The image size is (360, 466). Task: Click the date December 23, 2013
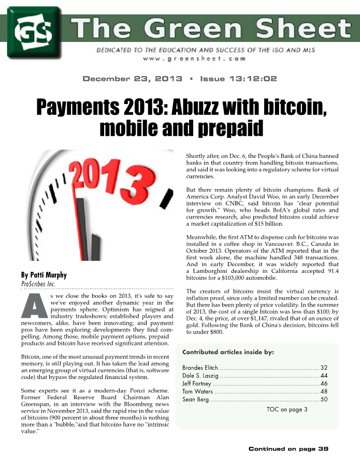pos(133,79)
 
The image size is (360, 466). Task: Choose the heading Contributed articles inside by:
pos(228,352)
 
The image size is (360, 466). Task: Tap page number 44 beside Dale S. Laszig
pos(324,375)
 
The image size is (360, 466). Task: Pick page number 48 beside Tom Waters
pos(324,391)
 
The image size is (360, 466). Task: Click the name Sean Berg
pos(195,399)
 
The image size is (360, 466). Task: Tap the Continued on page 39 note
pos(289,448)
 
